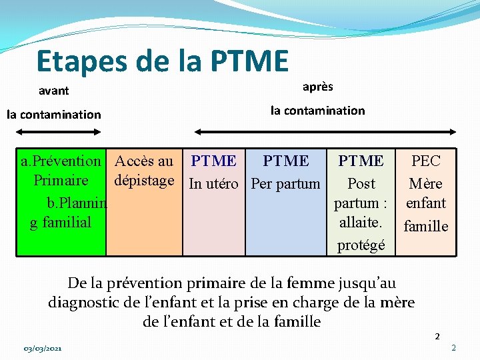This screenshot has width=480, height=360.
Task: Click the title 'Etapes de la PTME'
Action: (x=163, y=61)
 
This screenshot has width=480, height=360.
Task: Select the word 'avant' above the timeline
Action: (x=53, y=91)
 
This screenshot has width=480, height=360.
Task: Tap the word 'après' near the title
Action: (x=317, y=87)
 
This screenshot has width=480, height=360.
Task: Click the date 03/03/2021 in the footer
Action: (x=43, y=349)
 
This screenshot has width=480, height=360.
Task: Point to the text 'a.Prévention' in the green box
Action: (x=61, y=161)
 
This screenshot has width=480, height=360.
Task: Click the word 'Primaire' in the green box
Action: (x=61, y=181)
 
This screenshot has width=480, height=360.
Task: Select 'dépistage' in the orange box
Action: (x=144, y=180)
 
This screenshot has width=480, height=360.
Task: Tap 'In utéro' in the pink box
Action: (x=213, y=183)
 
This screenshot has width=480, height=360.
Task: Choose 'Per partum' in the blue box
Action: (x=286, y=183)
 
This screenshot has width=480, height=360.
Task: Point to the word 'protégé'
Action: (x=361, y=245)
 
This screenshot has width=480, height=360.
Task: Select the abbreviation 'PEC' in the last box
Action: (x=426, y=161)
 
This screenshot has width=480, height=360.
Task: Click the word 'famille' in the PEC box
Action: (x=426, y=226)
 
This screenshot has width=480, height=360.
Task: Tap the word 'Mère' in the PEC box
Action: (x=426, y=183)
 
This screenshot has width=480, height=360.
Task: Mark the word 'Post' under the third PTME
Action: (x=361, y=183)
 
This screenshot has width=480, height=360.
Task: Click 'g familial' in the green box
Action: (x=61, y=222)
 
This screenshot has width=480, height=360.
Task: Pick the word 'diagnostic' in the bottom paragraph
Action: (x=85, y=302)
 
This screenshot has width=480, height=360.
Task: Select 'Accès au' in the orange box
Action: (x=144, y=161)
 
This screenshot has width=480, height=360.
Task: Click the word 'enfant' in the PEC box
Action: (x=426, y=203)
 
